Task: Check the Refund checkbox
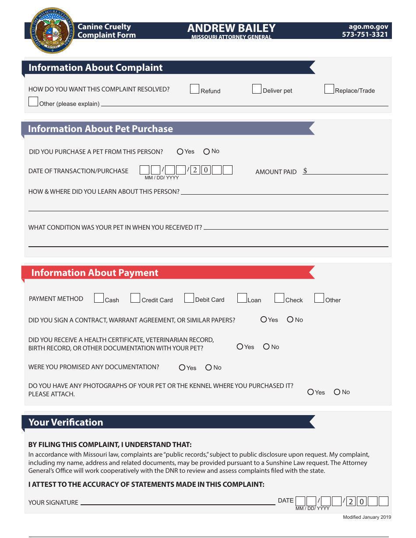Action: point(195,89)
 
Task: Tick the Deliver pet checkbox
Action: point(257,89)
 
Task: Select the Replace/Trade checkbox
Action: point(329,89)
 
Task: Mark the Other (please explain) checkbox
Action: point(33,102)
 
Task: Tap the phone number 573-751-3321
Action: point(365,35)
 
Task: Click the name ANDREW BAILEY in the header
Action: point(231,28)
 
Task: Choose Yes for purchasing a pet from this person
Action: point(180,152)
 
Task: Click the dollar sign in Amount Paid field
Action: point(305,171)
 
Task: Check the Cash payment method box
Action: point(99,298)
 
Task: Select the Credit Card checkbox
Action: point(135,298)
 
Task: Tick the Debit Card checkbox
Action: point(189,298)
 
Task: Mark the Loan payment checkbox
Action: point(242,298)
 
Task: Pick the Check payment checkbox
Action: point(279,298)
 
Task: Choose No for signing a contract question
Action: point(290,320)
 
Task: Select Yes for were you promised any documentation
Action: point(182,368)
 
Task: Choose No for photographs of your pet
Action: point(337,392)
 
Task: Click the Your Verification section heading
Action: point(66,423)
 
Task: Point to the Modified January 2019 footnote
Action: point(367,517)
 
